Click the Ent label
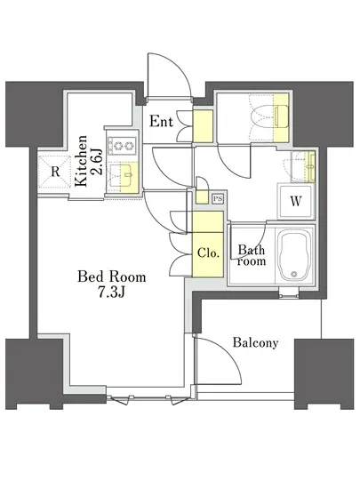(161, 121)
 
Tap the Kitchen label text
(82, 161)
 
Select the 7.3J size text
(112, 292)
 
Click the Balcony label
(255, 343)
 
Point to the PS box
(218, 199)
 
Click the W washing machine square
(295, 202)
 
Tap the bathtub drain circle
(293, 274)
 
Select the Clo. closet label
(209, 253)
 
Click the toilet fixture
(269, 116)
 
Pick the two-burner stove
(122, 146)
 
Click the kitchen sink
(121, 175)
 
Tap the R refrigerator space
(54, 172)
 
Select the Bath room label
(252, 255)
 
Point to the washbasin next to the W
(301, 166)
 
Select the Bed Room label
(112, 277)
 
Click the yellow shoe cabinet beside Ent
(203, 126)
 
